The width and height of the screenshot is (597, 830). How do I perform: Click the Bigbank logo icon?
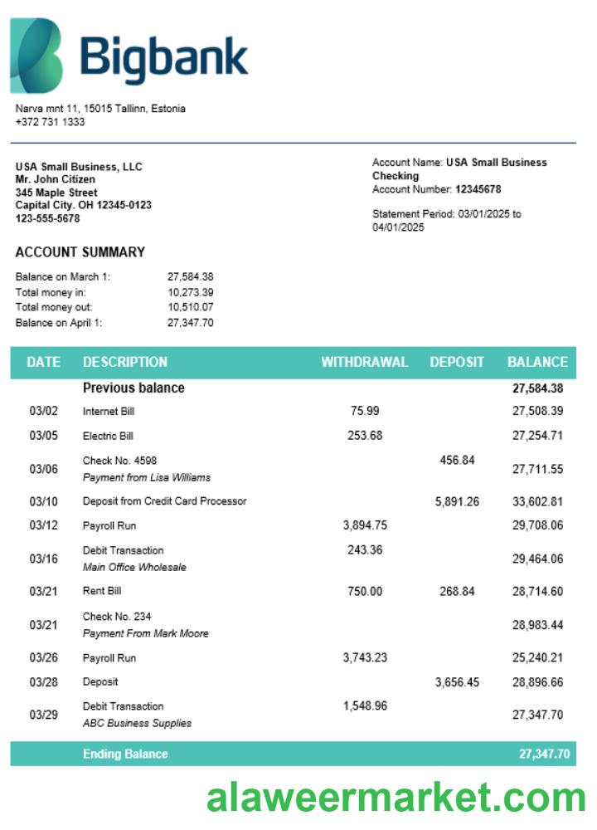click(x=36, y=56)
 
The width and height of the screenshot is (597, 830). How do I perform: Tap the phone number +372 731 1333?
click(x=50, y=122)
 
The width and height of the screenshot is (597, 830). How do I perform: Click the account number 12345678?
click(x=478, y=189)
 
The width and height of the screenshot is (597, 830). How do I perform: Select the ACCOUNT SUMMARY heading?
click(x=80, y=252)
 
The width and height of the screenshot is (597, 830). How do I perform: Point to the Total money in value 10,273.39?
click(x=191, y=292)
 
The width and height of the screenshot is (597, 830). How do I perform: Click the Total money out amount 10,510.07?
click(x=191, y=307)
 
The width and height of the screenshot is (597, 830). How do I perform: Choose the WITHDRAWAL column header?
click(x=365, y=362)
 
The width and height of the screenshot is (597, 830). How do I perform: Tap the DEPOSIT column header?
click(x=457, y=362)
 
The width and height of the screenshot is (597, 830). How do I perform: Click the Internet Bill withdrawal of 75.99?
click(x=365, y=411)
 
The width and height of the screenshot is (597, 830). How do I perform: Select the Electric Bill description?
click(x=108, y=436)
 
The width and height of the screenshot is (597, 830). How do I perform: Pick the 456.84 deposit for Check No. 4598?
click(x=457, y=460)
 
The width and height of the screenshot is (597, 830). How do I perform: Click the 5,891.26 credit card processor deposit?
click(x=457, y=501)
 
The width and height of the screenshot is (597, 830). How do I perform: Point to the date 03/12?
click(x=43, y=525)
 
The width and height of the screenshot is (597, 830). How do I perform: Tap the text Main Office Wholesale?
click(x=134, y=568)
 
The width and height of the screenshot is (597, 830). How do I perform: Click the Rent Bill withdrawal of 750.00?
click(x=365, y=591)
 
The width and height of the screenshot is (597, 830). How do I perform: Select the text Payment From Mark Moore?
click(x=146, y=633)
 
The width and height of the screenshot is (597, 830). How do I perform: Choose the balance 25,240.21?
click(x=537, y=658)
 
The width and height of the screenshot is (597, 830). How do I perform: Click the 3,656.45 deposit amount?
click(x=457, y=682)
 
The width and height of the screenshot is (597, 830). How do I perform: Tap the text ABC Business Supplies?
click(x=137, y=723)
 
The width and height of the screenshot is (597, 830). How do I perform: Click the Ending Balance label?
click(x=125, y=754)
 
